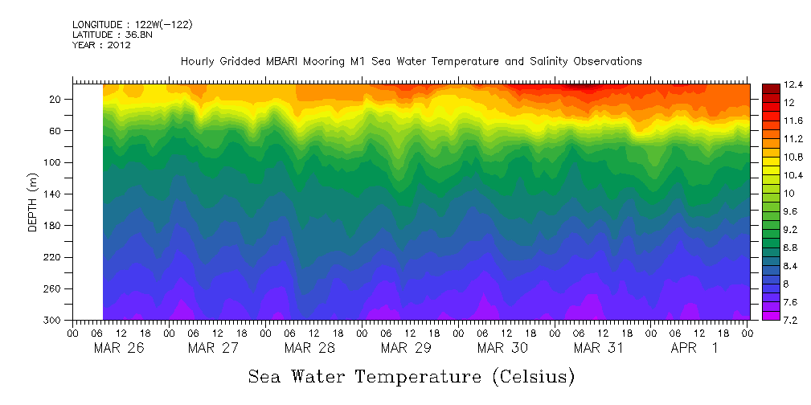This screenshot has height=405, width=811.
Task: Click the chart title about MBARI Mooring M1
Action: point(411,61)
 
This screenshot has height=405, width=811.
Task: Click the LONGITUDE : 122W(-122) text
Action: point(133,24)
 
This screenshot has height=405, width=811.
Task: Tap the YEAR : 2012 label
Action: point(101,45)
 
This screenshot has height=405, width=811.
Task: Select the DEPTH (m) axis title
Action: point(33,205)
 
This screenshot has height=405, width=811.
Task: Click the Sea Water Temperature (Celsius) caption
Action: point(412,376)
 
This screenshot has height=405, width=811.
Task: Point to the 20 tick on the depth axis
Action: point(56,100)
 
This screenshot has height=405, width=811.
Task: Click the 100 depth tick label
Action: point(54,162)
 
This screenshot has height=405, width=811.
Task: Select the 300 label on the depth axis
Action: point(54,321)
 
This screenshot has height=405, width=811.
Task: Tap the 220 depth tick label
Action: point(54,257)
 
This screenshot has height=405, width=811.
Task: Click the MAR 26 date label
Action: point(118,348)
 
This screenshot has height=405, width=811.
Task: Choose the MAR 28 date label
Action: point(309,348)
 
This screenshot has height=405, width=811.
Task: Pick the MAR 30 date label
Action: point(502,348)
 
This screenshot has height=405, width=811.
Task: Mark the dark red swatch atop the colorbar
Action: point(770,88)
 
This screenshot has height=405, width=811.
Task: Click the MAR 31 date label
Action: point(598,348)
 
